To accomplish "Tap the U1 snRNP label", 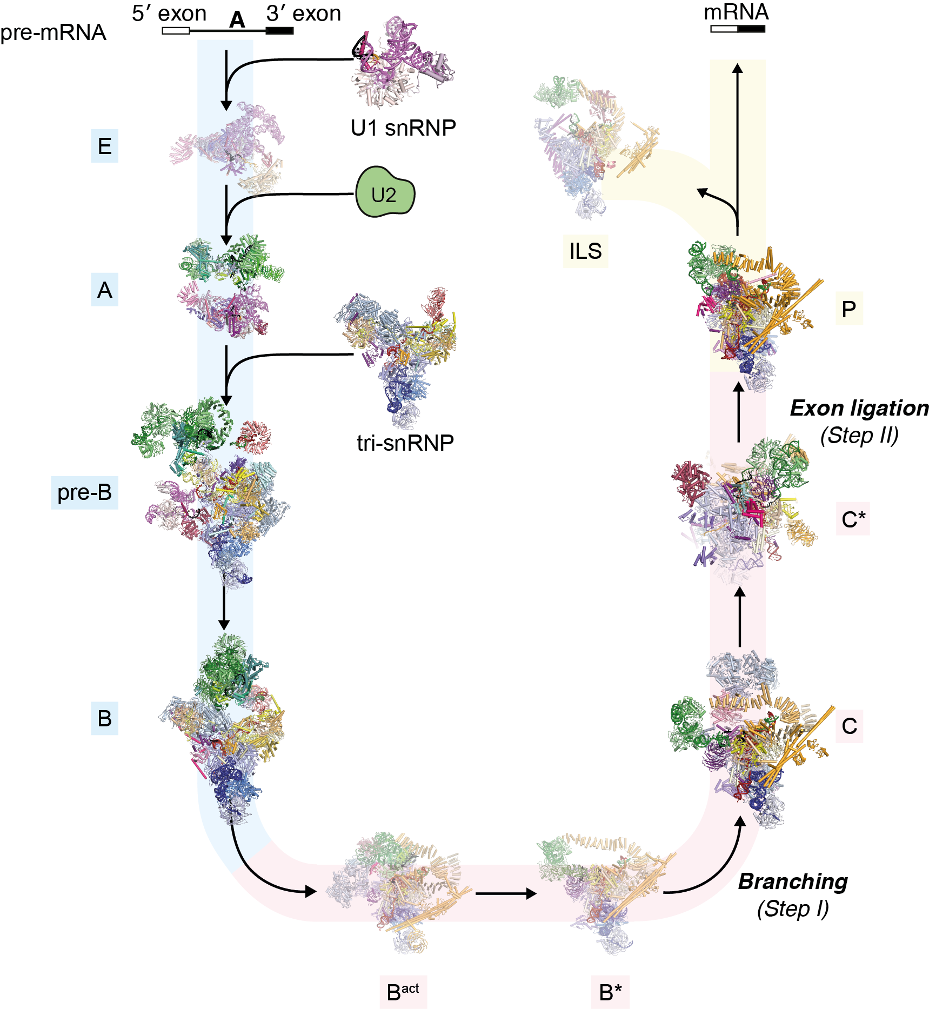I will pyautogui.click(x=403, y=128).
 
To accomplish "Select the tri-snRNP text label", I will pyautogui.click(x=405, y=443).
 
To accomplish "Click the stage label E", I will pyautogui.click(x=104, y=146).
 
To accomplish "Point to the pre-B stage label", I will pyautogui.click(x=84, y=492).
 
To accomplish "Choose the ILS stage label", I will pyautogui.click(x=585, y=251).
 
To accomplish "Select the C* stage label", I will pyautogui.click(x=853, y=519).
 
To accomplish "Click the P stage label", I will pyautogui.click(x=848, y=309).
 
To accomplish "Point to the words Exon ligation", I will pyautogui.click(x=859, y=409).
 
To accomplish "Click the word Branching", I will pyautogui.click(x=793, y=881).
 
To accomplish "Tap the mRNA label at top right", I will pyautogui.click(x=736, y=12).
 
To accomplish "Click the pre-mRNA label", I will pyautogui.click(x=53, y=33).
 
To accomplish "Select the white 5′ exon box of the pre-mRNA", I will pyautogui.click(x=176, y=31).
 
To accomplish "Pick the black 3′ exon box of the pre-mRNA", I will pyautogui.click(x=279, y=31).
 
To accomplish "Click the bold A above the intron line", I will pyautogui.click(x=237, y=21).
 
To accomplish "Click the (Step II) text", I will pyautogui.click(x=859, y=435).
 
